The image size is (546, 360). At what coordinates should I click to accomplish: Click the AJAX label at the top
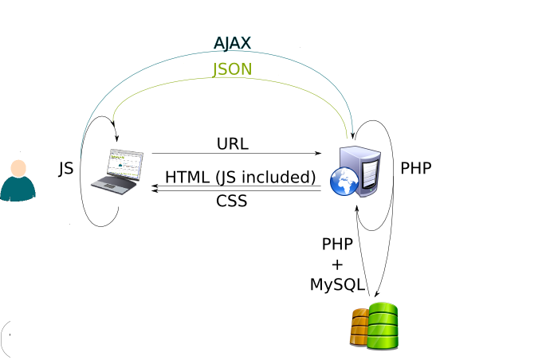tap(233, 43)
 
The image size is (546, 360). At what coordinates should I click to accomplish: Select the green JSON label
tap(232, 69)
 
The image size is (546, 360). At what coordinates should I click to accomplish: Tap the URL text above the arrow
tap(232, 144)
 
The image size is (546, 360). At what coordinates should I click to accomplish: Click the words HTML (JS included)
tap(240, 177)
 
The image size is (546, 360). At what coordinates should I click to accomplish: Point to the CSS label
tap(232, 202)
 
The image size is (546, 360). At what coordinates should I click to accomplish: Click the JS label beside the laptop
tap(66, 169)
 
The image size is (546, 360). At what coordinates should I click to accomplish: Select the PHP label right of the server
tap(416, 169)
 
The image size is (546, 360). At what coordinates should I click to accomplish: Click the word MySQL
tap(337, 284)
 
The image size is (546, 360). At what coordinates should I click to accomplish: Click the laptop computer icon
tap(119, 170)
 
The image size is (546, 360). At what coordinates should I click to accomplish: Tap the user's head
tap(18, 168)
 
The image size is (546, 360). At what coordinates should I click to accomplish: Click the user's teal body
tap(18, 189)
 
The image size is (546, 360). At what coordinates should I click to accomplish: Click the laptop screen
tap(125, 163)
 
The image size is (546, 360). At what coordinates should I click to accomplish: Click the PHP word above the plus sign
tap(336, 244)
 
